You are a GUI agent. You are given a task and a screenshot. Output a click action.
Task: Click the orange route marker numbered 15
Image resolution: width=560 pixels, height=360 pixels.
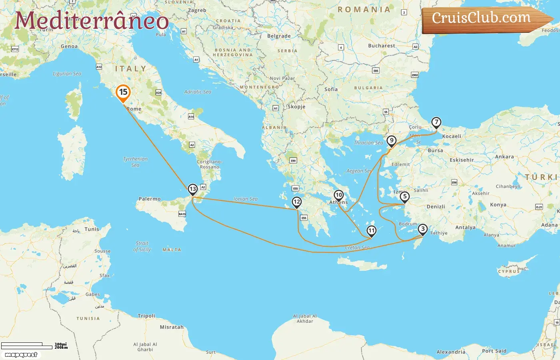[123, 92]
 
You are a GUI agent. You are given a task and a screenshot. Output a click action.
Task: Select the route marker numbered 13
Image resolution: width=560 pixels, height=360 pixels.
[193, 189]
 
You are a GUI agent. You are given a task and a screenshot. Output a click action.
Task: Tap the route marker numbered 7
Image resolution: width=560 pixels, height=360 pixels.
[436, 122]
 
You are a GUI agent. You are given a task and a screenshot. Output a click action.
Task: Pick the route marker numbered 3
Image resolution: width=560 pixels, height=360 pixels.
[422, 229]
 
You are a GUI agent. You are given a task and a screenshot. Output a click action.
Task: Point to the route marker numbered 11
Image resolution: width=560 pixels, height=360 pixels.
[372, 230]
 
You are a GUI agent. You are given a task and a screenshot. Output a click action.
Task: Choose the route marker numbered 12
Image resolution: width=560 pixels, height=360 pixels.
[296, 202]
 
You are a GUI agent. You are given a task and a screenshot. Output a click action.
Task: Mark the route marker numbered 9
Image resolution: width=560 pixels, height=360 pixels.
[391, 140]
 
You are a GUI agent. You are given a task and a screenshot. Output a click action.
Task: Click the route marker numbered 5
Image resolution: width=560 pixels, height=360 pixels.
[405, 196]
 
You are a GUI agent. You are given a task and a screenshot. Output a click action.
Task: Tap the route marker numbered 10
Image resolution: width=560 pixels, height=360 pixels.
[339, 195]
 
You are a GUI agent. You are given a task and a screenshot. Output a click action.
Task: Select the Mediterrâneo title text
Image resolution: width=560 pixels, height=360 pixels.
[92, 21]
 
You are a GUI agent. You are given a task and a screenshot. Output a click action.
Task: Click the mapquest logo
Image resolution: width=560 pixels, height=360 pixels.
[21, 355]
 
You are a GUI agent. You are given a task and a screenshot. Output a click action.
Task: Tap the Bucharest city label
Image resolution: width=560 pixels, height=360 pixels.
[381, 46]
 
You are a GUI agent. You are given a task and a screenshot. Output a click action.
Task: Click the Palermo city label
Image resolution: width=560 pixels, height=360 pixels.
[150, 199]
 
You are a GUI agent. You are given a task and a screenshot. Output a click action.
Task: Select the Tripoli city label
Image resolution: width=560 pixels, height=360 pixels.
[146, 316]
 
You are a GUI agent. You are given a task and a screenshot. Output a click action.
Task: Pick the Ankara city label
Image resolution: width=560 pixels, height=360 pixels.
[504, 157]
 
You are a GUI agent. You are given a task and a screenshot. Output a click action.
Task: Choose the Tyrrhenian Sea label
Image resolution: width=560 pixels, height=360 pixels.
[135, 162]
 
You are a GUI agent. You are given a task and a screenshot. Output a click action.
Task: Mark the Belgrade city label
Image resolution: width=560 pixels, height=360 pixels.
[279, 36]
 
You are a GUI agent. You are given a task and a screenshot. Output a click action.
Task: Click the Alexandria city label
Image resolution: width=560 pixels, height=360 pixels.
[451, 352]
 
